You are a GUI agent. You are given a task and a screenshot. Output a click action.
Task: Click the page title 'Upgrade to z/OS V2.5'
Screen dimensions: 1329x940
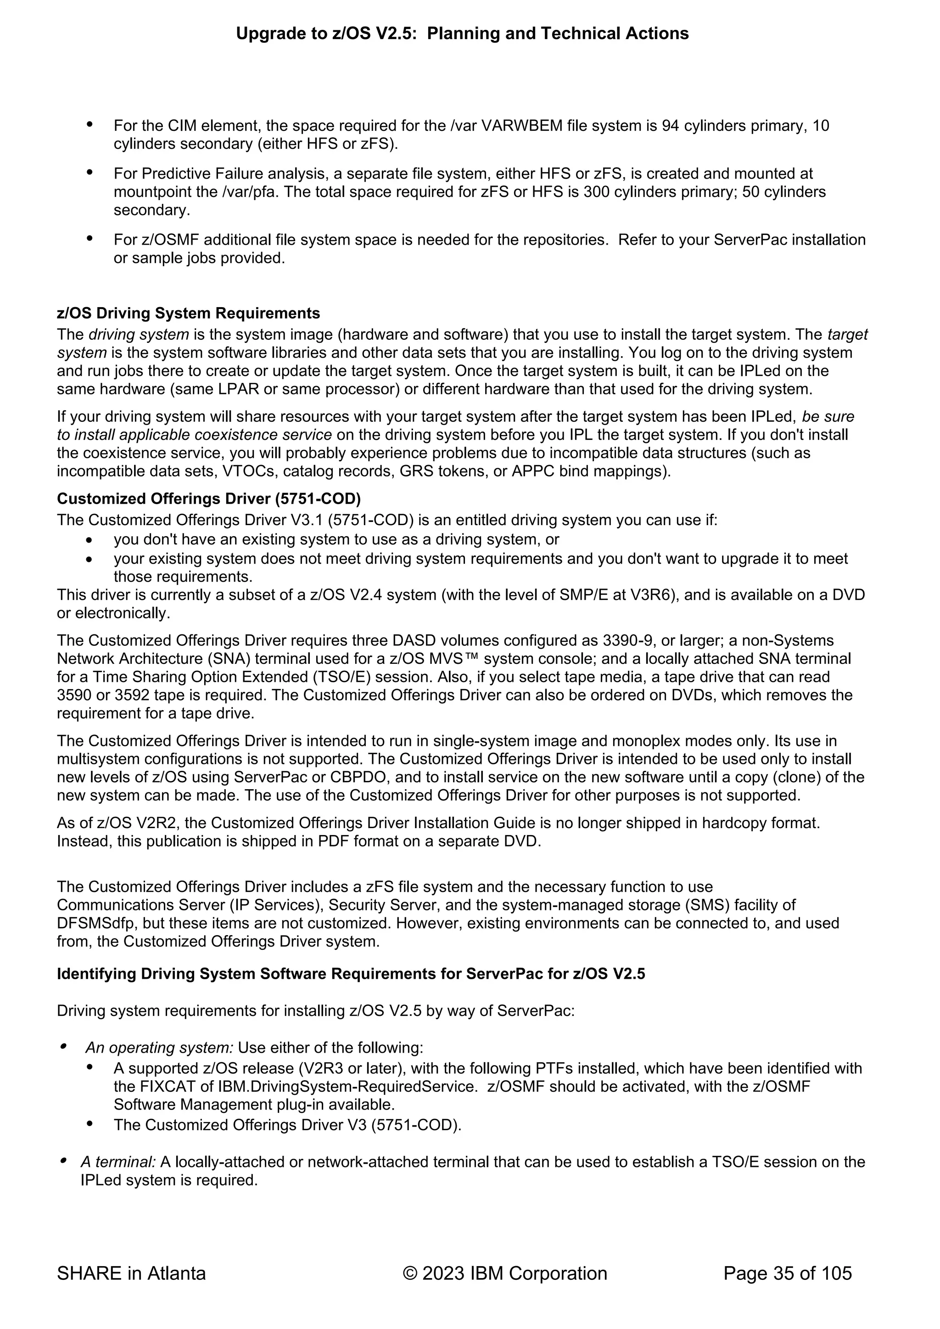[462, 34]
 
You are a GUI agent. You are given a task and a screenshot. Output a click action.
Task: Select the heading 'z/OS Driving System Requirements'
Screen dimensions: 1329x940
[188, 313]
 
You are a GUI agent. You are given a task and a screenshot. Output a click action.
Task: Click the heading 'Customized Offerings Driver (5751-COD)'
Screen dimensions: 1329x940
[208, 499]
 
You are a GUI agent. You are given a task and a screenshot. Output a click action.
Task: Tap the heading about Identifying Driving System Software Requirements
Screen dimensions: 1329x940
[351, 974]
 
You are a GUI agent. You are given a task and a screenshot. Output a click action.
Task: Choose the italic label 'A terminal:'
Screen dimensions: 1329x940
[118, 1162]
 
